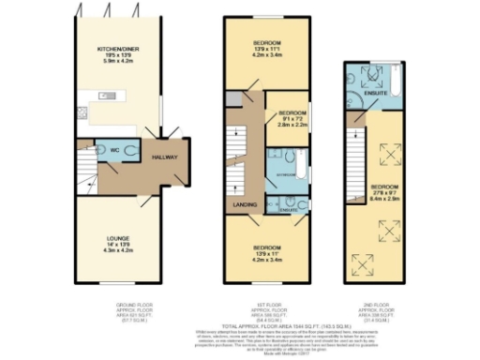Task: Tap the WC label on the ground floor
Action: pyautogui.click(x=113, y=150)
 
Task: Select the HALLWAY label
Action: pyautogui.click(x=165, y=157)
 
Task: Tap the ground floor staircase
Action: pyautogui.click(x=89, y=173)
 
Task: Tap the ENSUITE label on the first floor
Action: pyautogui.click(x=288, y=210)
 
